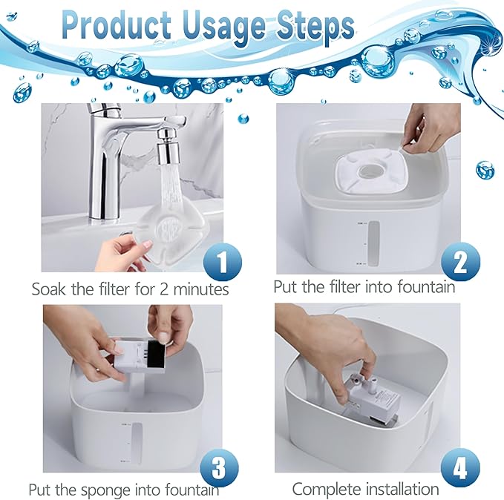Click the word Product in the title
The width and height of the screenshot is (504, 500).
(117, 27)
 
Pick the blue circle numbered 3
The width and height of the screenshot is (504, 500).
(220, 467)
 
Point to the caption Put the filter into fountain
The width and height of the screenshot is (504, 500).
(364, 286)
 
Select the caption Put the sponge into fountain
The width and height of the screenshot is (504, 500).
(124, 490)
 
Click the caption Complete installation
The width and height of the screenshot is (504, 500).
(365, 489)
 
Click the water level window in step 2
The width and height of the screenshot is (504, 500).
(375, 243)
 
